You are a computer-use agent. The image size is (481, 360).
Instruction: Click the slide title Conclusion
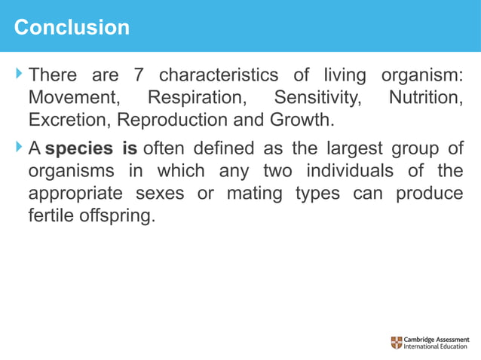pyautogui.click(x=72, y=28)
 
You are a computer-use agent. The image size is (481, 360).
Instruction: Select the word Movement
pyautogui.click(x=72, y=98)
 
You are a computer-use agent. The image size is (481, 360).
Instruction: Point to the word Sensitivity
pyautogui.click(x=317, y=98)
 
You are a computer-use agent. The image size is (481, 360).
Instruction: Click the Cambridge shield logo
pyautogui.click(x=397, y=343)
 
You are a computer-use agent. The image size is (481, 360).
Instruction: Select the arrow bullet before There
pyautogui.click(x=18, y=75)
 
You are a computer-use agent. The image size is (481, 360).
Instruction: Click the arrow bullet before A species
pyautogui.click(x=18, y=147)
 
